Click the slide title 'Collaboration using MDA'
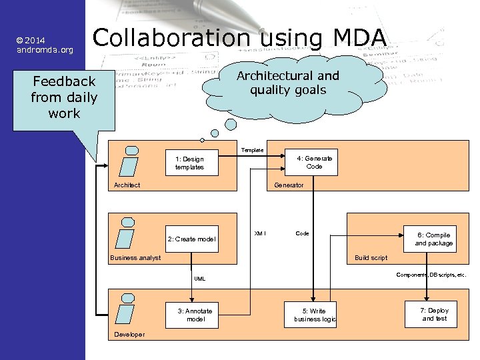(x=239, y=39)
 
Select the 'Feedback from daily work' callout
(x=64, y=98)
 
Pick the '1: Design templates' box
(x=189, y=163)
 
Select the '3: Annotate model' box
(x=195, y=315)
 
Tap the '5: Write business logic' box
(x=314, y=315)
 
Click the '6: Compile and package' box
(x=433, y=239)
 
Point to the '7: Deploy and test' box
(x=435, y=315)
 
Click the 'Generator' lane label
(x=289, y=185)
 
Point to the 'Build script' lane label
(x=371, y=258)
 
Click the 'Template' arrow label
(x=252, y=151)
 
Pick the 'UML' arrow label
(x=200, y=279)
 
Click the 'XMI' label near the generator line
(x=260, y=233)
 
